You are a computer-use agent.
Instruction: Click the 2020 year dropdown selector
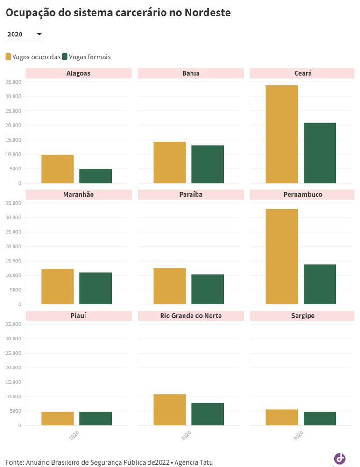(x=24, y=35)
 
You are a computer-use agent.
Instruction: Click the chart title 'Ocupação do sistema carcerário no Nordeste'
(x=118, y=13)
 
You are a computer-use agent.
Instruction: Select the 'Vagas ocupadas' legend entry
(x=33, y=57)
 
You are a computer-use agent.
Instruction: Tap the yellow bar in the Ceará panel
(x=282, y=134)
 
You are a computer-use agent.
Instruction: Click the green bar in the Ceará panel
(x=320, y=153)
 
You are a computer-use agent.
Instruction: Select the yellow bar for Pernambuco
(x=282, y=257)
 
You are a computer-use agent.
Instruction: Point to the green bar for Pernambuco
(x=320, y=284)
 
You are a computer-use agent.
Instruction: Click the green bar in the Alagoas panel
(x=95, y=176)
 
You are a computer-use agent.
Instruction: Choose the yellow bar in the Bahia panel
(x=169, y=163)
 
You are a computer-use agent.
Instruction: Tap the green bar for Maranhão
(x=95, y=288)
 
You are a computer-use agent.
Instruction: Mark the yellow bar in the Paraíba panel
(x=169, y=286)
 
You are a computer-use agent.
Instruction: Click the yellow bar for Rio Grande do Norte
(x=169, y=410)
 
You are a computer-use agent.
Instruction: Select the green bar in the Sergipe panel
(x=320, y=418)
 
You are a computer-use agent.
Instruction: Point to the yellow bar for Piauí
(x=57, y=418)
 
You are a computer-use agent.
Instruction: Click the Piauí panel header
(x=78, y=316)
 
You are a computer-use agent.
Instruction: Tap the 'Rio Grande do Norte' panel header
(x=191, y=316)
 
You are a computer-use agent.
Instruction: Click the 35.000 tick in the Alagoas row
(x=13, y=82)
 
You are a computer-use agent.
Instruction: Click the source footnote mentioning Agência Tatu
(x=109, y=462)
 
